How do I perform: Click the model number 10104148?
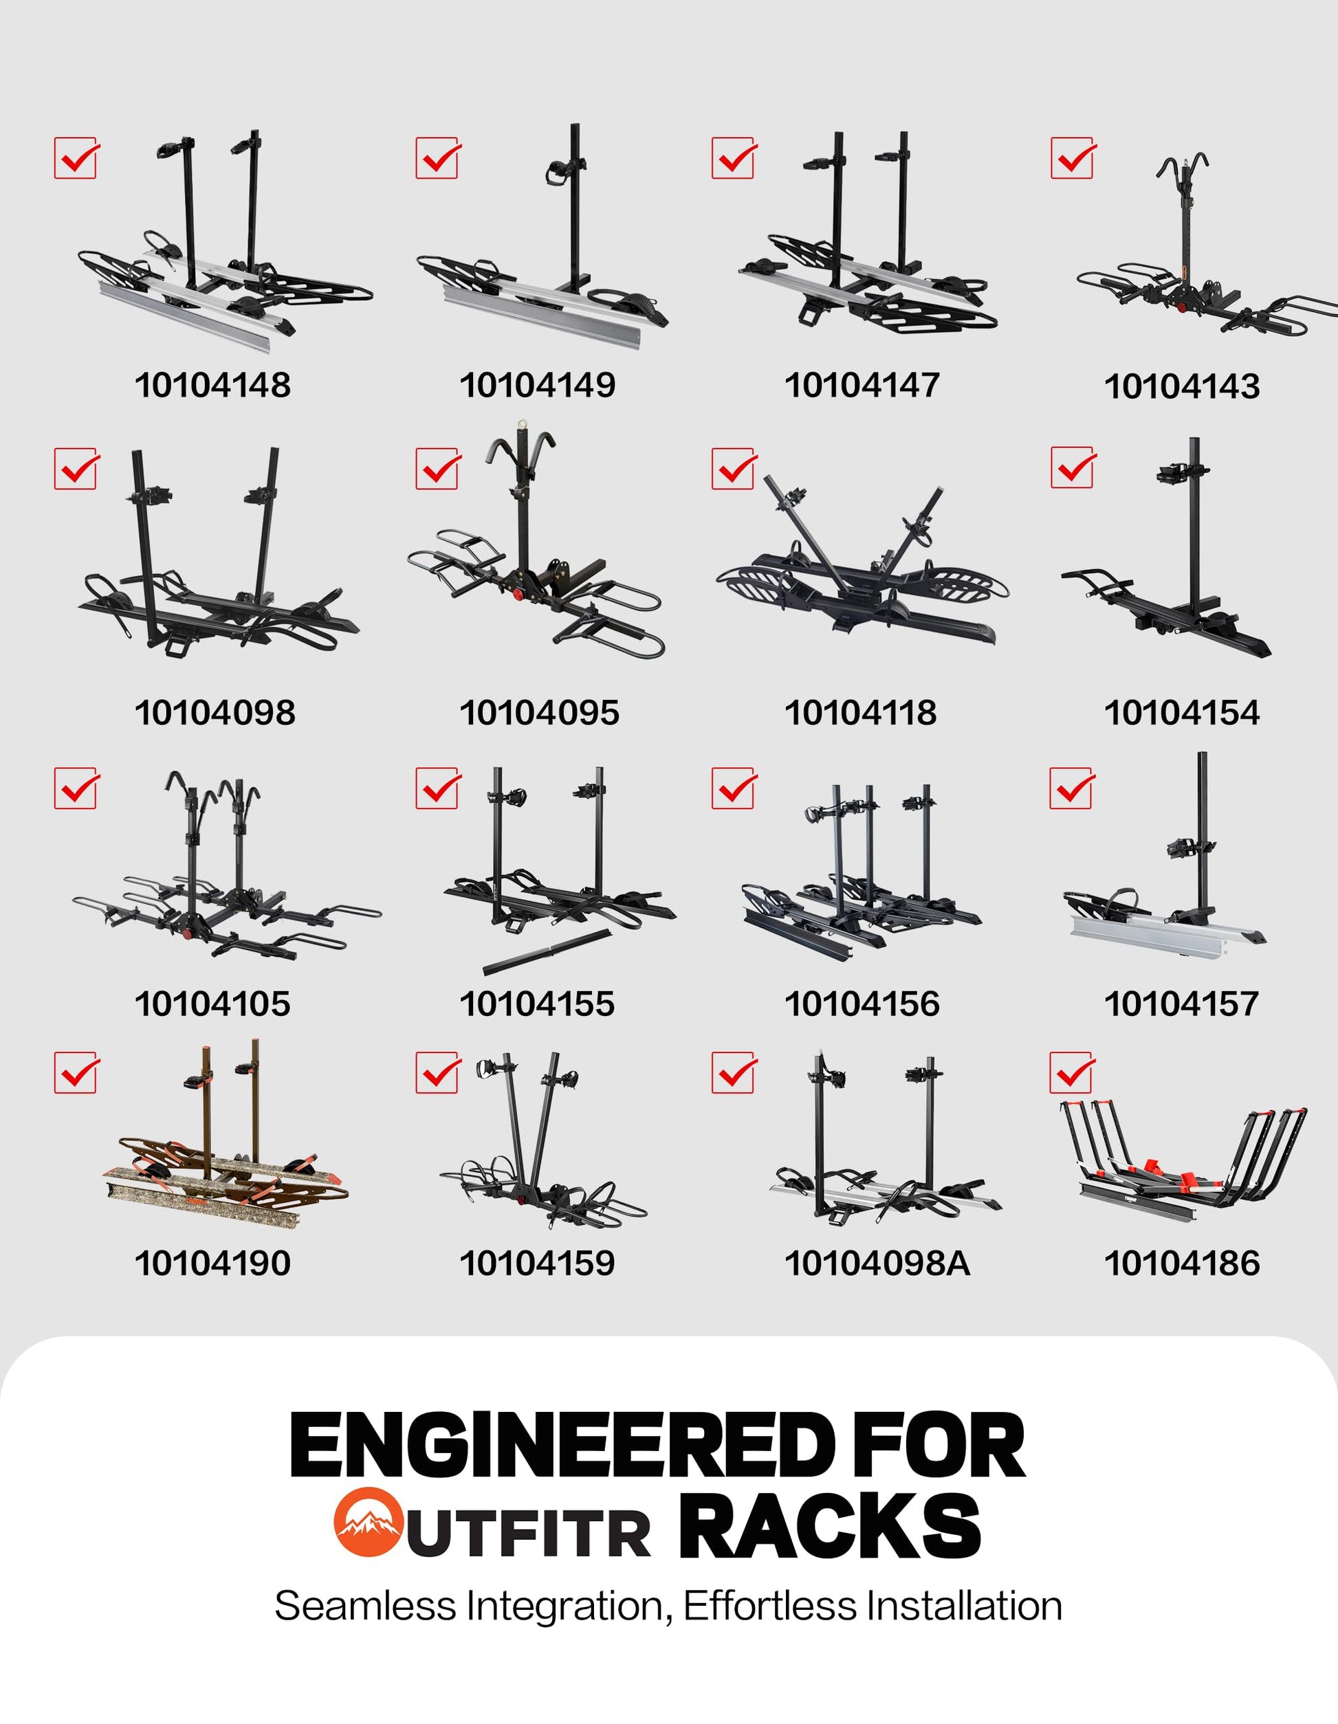coord(212,385)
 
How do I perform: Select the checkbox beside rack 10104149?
coord(438,158)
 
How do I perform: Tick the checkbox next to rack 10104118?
coord(734,469)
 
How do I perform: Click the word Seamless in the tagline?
coord(366,1606)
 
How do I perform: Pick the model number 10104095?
coord(539,713)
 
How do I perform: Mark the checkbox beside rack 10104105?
coord(76,788)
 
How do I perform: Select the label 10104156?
coord(862,1004)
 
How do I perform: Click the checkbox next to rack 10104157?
coord(1072,788)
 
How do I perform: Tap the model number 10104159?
coord(537,1263)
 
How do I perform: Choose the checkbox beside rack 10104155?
coord(438,788)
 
